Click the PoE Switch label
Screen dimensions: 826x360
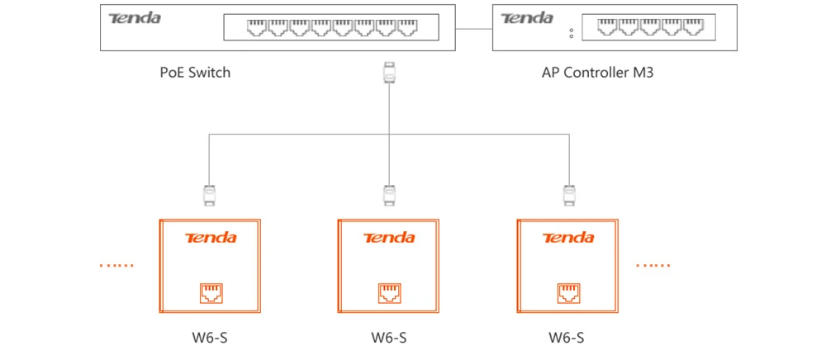(x=195, y=72)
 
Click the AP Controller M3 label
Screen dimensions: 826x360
(x=597, y=72)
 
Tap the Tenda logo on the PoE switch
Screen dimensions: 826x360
(x=135, y=18)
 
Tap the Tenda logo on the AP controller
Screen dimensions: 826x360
(x=527, y=18)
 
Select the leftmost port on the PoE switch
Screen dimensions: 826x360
(x=256, y=27)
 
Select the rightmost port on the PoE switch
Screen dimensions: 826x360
(x=407, y=27)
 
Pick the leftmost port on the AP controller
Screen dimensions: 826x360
(x=607, y=27)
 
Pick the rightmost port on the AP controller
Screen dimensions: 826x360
(x=694, y=27)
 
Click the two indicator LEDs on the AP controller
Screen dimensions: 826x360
(x=571, y=33)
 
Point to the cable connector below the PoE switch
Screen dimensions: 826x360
(x=389, y=72)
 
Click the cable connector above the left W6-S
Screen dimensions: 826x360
(x=210, y=195)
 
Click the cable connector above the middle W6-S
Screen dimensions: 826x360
(x=389, y=195)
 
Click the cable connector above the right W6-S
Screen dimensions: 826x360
(x=568, y=195)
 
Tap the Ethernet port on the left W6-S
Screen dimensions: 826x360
(x=211, y=293)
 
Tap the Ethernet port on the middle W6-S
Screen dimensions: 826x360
(x=389, y=293)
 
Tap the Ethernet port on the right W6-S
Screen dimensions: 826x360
(x=568, y=293)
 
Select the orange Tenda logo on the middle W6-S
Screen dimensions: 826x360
(x=389, y=238)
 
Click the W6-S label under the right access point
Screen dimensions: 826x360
(x=567, y=338)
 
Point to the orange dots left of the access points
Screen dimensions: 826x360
(x=116, y=265)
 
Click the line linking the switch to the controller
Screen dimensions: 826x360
(x=473, y=28)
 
